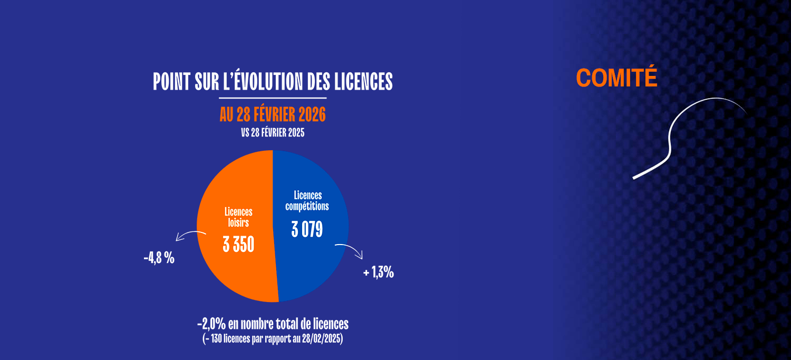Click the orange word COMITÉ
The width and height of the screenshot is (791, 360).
pos(616,78)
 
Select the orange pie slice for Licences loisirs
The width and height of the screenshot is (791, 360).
pos(232,269)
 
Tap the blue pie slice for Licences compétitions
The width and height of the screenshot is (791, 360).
pos(316,264)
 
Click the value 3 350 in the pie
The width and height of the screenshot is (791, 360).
pos(238,244)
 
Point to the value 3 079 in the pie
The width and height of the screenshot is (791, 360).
pos(307,229)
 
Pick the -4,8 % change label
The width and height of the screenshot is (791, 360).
pos(159,258)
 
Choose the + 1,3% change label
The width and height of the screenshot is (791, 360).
pos(379,273)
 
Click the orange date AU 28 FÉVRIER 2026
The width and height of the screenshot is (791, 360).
pos(273,114)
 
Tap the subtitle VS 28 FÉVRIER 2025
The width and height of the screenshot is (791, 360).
pos(273,133)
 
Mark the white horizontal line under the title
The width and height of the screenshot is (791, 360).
pos(273,98)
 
